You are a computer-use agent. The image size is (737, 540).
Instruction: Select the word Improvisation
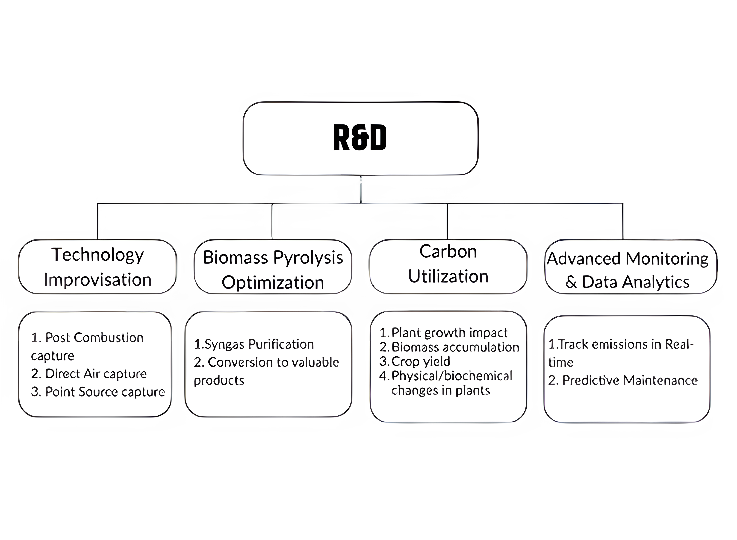97,280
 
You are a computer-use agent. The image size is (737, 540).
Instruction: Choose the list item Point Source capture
98,392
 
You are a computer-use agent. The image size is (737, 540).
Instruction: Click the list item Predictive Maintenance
623,381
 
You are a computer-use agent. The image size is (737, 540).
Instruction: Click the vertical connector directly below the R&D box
360,190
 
